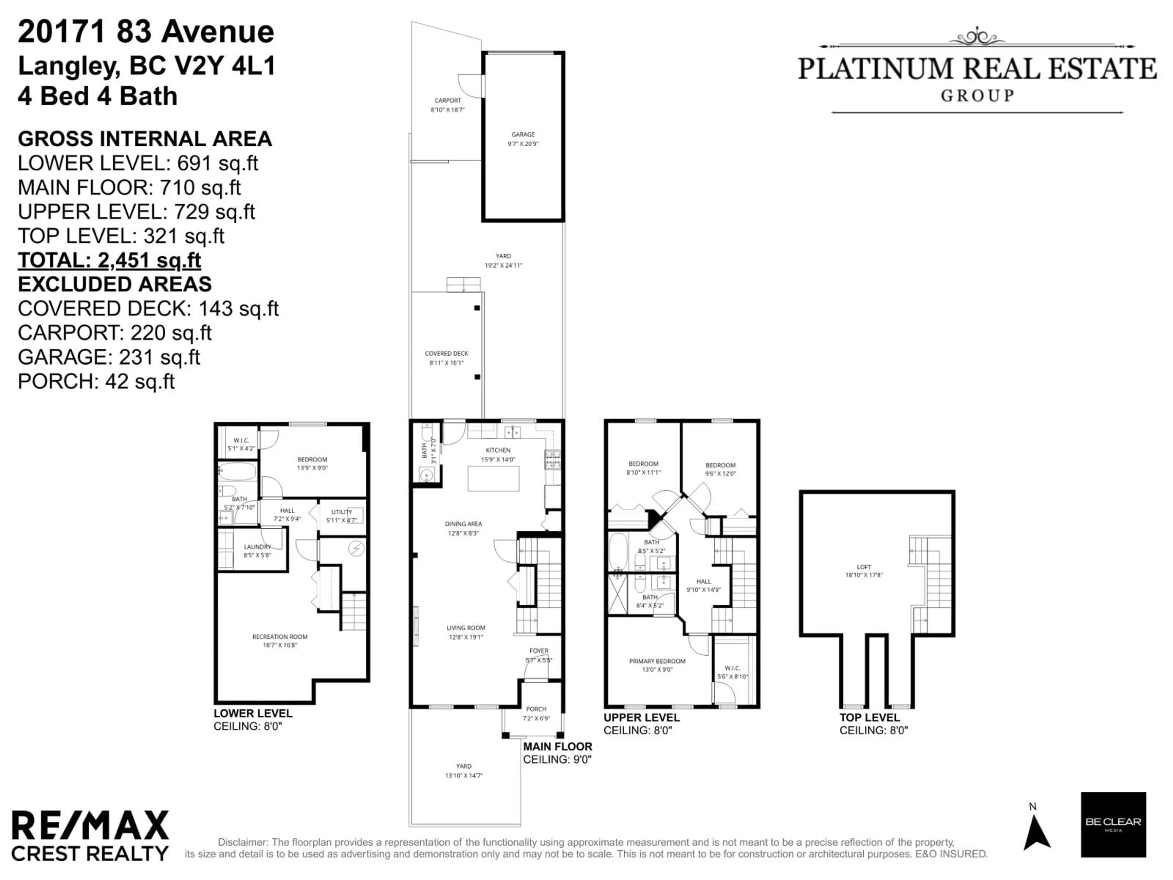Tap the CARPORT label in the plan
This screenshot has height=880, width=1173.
(448, 100)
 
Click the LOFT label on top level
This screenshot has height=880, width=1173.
(864, 567)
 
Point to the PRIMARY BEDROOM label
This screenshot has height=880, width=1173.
(657, 661)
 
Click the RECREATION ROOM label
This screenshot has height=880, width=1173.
(280, 636)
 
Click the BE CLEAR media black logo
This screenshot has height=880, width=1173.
(1113, 825)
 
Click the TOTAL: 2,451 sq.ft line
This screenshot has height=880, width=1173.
(109, 260)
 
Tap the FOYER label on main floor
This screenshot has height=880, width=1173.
(539, 651)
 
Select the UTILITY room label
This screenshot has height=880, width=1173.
(342, 512)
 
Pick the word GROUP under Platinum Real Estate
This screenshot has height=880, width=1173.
(977, 96)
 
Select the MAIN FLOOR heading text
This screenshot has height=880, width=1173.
(557, 746)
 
